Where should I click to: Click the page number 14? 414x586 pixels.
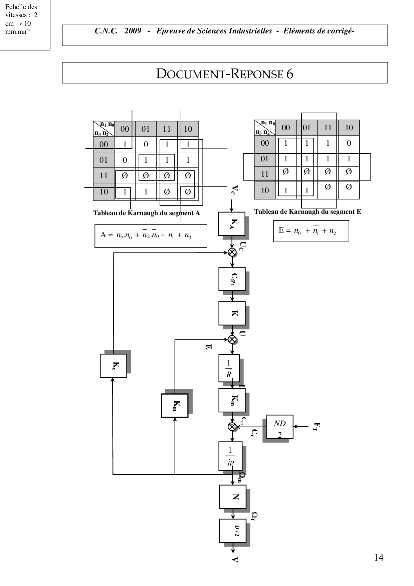coord(379,557)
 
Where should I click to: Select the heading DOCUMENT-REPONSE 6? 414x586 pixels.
coord(225,74)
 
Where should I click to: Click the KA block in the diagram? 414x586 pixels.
coord(232,224)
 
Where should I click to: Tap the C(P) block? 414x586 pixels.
coord(232,279)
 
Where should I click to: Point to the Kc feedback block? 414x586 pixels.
coord(114,366)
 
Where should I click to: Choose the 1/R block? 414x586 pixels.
coord(229,368)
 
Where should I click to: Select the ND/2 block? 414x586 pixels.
coord(280,427)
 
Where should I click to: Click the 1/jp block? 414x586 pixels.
coord(230,456)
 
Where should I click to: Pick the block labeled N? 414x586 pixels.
coord(233,497)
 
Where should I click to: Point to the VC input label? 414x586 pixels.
coord(235,190)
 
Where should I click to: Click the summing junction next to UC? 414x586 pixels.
coord(232,252)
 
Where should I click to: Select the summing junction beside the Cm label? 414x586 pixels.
coord(232,427)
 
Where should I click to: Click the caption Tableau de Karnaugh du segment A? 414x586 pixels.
coord(147,213)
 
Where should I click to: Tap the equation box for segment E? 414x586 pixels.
coord(311,231)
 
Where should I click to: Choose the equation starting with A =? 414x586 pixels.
coord(151,236)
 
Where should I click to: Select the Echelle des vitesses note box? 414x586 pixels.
coord(25,25)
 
